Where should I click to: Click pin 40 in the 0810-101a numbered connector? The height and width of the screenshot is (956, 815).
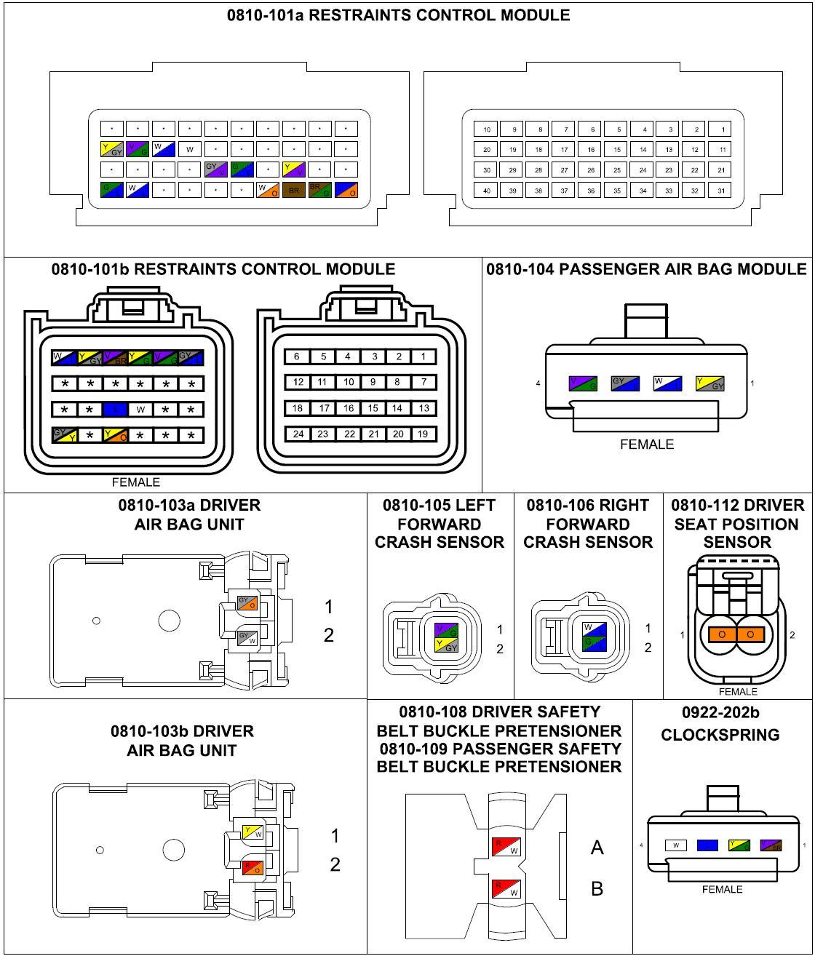(486, 191)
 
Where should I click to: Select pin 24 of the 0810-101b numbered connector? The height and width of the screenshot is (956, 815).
(298, 434)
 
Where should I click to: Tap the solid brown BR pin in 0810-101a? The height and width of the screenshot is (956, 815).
(293, 191)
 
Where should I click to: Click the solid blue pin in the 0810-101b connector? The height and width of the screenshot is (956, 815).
(115, 410)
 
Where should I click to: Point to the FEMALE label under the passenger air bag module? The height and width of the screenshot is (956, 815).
(646, 444)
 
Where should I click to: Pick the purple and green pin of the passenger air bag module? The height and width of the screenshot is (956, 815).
(582, 383)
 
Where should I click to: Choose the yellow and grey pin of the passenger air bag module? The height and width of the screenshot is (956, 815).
(709, 383)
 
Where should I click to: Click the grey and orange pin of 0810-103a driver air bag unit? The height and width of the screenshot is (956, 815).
(247, 603)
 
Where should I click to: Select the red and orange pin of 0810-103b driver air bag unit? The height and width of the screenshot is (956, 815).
(253, 867)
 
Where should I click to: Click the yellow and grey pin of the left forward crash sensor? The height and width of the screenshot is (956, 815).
(446, 645)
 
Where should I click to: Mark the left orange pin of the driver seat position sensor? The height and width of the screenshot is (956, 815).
(722, 634)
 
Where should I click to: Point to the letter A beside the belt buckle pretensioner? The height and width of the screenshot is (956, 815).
(597, 848)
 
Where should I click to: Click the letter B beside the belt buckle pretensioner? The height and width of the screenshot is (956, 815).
(597, 888)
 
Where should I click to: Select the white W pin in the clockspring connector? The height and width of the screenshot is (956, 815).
(676, 845)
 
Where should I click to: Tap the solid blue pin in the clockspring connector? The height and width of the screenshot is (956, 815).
(707, 845)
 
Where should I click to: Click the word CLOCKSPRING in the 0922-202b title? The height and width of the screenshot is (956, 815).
(720, 735)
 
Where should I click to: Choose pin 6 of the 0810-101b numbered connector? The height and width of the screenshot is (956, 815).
(297, 356)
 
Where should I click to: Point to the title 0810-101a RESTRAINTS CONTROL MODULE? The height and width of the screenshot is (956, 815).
(398, 15)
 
